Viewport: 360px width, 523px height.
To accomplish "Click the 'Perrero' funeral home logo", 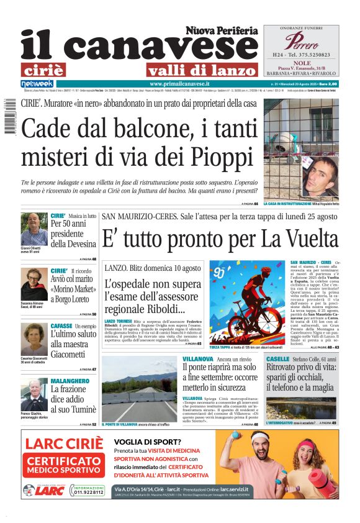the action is pos(300,42).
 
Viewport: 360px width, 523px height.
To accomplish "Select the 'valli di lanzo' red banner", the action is pos(202,69).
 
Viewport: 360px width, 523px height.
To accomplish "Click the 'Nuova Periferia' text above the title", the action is pos(221,30).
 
